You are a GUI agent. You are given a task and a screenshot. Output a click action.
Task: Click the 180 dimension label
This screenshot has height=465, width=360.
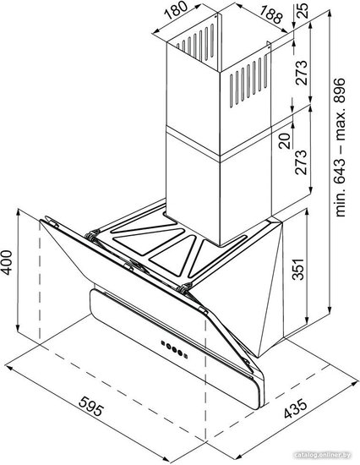[176, 10]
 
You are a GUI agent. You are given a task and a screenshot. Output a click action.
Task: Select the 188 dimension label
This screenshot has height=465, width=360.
[271, 14]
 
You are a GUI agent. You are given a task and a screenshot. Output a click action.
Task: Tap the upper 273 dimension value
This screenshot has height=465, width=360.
[302, 73]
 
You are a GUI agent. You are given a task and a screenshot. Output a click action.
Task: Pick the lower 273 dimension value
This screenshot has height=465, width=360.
[301, 162]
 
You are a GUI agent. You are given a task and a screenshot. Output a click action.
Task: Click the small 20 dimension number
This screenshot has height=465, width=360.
[286, 141]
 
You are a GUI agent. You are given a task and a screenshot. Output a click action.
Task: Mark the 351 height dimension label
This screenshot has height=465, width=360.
[298, 269]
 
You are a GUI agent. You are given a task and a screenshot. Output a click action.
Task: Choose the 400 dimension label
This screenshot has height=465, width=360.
[6, 262]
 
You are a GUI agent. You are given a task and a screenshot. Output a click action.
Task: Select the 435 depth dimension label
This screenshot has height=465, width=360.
[296, 409]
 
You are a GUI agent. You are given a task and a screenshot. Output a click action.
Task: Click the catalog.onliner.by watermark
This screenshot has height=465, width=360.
[323, 455]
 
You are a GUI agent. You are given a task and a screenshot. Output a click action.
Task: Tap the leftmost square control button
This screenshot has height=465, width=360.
[163, 342]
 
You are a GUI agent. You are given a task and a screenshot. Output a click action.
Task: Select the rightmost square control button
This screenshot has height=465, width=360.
[186, 355]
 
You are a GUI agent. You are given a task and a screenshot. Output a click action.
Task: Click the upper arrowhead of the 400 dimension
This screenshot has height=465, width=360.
[19, 212]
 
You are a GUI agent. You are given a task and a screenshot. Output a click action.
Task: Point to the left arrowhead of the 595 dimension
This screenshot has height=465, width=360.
[9, 368]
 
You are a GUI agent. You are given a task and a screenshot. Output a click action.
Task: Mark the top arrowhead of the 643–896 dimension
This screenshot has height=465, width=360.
[330, 14]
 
